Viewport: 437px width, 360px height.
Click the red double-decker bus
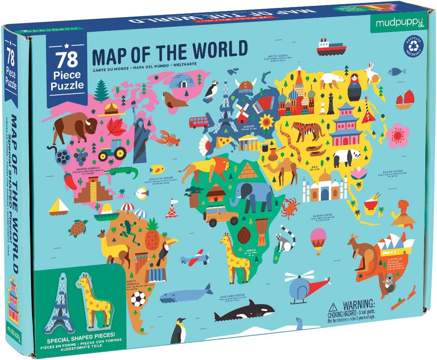click(199, 122)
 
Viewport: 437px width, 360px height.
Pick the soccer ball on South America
click(138, 298)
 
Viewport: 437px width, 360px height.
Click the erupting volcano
click(402, 212)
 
